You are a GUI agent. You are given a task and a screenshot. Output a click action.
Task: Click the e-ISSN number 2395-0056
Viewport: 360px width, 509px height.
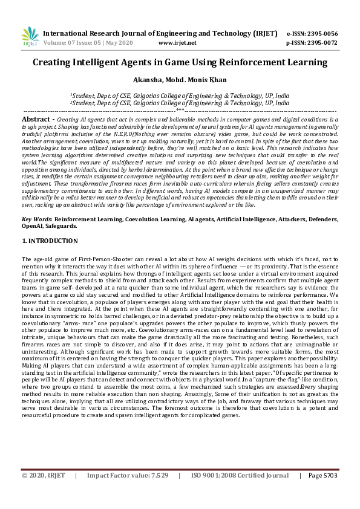pyautogui.click(x=320, y=33)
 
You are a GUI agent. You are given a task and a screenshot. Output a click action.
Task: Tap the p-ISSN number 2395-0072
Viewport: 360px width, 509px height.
pyautogui.click(x=320, y=43)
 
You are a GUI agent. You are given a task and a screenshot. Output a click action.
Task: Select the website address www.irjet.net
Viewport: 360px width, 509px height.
pyautogui.click(x=177, y=43)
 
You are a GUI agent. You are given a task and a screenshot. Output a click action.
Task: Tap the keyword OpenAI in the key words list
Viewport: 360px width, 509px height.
pyautogui.click(x=34, y=225)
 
